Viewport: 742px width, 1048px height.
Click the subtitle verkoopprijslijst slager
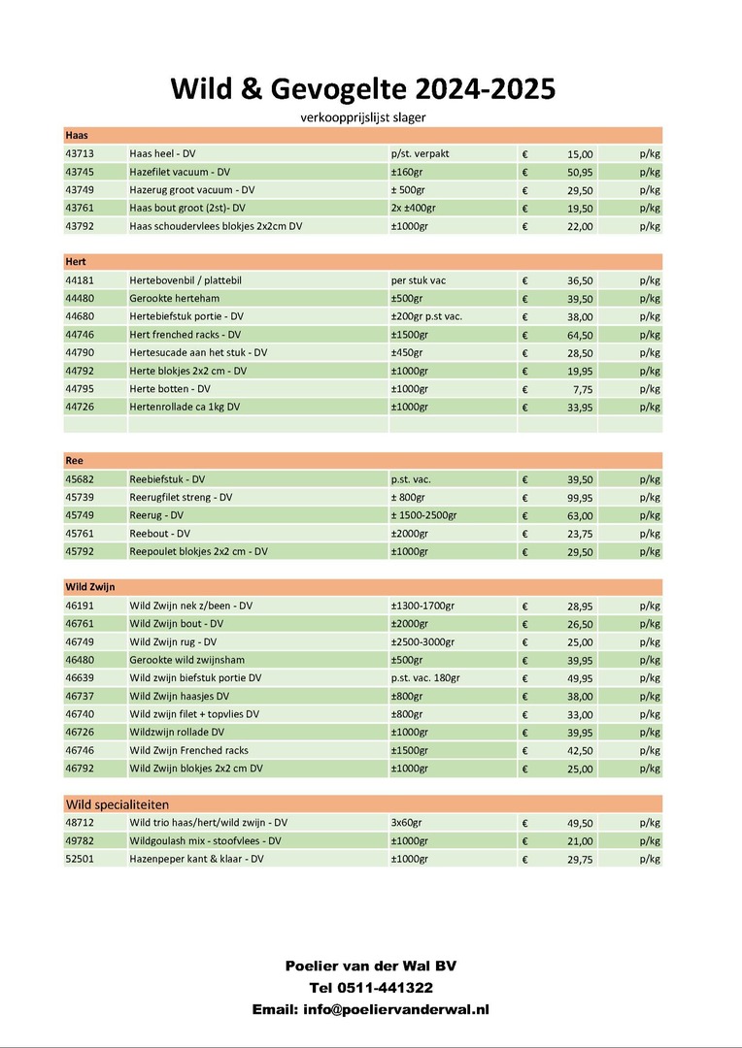pyautogui.click(x=363, y=117)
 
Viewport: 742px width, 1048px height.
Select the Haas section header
pyautogui.click(x=77, y=135)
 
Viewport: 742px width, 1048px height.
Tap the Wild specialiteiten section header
pyautogui.click(x=117, y=804)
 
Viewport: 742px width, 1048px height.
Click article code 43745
pyautogui.click(x=80, y=172)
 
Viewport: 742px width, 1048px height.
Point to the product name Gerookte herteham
pyautogui.click(x=172, y=298)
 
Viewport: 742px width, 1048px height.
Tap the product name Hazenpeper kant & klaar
pyautogui.click(x=196, y=859)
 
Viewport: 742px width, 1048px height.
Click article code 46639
pyautogui.click(x=80, y=677)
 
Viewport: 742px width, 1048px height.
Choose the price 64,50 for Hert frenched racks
pyautogui.click(x=580, y=335)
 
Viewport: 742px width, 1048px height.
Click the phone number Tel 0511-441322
pyautogui.click(x=370, y=988)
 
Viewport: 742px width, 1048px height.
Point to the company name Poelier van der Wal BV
pyautogui.click(x=370, y=966)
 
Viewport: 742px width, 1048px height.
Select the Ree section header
pyautogui.click(x=75, y=460)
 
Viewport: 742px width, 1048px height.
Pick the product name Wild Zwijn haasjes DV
pyautogui.click(x=180, y=696)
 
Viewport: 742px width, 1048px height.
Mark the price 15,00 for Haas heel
pyautogui.click(x=580, y=153)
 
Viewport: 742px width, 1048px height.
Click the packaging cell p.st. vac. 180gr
pyautogui.click(x=424, y=677)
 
